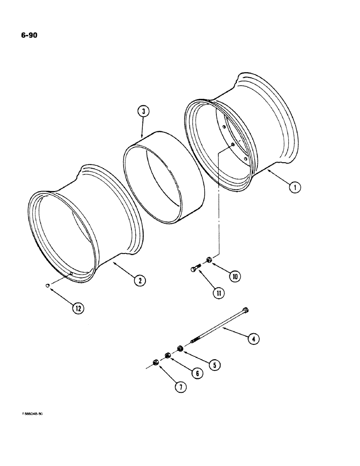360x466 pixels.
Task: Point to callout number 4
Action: tap(253, 339)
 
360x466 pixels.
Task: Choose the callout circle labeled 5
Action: tap(214, 365)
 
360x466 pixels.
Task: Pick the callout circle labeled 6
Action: tap(197, 373)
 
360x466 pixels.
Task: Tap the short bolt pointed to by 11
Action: tap(195, 268)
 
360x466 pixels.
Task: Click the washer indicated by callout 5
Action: tap(180, 348)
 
